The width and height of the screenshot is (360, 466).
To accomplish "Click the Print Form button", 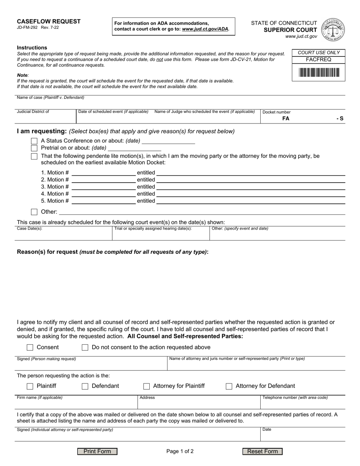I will tap(97, 451).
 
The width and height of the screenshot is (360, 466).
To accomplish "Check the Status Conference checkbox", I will tap(34, 141).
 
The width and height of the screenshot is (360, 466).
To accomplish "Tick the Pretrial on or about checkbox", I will tap(34, 148).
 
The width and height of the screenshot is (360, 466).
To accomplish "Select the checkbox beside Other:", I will tap(34, 212).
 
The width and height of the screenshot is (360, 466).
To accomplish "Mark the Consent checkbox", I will tap(30, 347).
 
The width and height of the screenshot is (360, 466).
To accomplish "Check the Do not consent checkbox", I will tap(85, 347).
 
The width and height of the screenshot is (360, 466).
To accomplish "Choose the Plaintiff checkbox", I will tap(30, 386).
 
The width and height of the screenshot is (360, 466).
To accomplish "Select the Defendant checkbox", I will tap(85, 386).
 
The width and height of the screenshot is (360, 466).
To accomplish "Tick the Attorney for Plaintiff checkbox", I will tap(146, 386).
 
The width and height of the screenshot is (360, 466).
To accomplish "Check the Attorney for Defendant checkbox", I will tap(229, 386).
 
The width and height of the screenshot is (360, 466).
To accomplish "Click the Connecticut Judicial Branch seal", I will tap(333, 30).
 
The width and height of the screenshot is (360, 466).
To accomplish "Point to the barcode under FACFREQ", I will tap(318, 72).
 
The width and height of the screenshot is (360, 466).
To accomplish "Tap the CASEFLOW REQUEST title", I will tap(49, 21).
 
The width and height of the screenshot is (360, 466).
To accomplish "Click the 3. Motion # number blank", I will tap(103, 186).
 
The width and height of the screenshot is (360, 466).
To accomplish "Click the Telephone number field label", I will tap(295, 398).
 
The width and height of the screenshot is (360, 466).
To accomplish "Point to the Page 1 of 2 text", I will tap(180, 451).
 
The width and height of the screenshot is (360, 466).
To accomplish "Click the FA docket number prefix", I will tap(286, 118).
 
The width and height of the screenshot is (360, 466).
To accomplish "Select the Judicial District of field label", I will tap(33, 112).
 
